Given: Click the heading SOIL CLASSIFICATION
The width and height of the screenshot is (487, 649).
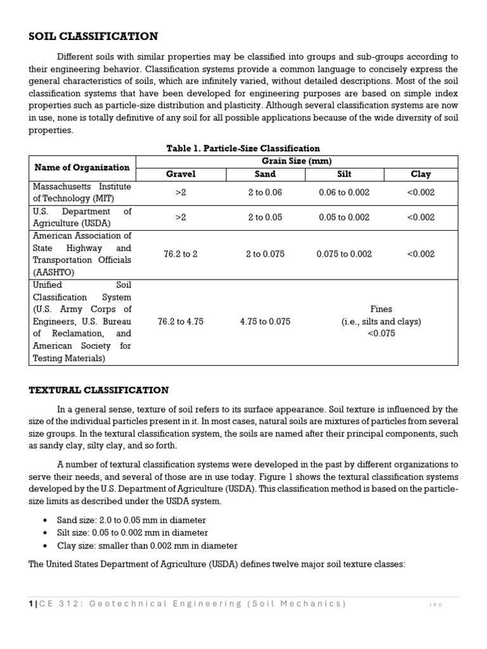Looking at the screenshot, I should [x=93, y=37].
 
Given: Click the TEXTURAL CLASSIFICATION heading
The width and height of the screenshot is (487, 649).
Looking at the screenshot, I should [x=99, y=390].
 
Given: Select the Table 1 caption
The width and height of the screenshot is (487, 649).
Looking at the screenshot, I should [x=243, y=148].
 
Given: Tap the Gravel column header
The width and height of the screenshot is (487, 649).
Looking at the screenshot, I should [x=181, y=174].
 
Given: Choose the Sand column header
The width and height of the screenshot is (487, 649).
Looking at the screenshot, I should [x=265, y=174].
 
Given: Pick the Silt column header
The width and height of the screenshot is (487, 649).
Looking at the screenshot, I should [x=344, y=174].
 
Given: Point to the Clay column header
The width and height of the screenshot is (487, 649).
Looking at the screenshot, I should [x=420, y=174].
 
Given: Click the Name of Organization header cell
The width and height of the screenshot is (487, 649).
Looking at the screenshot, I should [x=82, y=167].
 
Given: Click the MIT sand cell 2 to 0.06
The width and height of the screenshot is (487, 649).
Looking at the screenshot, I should [x=265, y=193].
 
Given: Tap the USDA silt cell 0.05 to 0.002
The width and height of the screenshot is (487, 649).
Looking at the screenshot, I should [x=344, y=217].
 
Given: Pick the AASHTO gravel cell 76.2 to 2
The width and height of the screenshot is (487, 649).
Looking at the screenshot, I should [x=181, y=254].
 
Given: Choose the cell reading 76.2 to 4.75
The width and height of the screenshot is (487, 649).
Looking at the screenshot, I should [x=181, y=321].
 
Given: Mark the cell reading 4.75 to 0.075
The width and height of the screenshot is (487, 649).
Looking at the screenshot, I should [x=265, y=321].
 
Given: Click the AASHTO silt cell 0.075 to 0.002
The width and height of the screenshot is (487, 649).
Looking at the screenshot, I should [x=344, y=254].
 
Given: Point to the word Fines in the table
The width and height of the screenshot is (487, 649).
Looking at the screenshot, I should [x=381, y=309].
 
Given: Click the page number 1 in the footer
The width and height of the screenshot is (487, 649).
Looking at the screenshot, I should [x=31, y=604].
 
